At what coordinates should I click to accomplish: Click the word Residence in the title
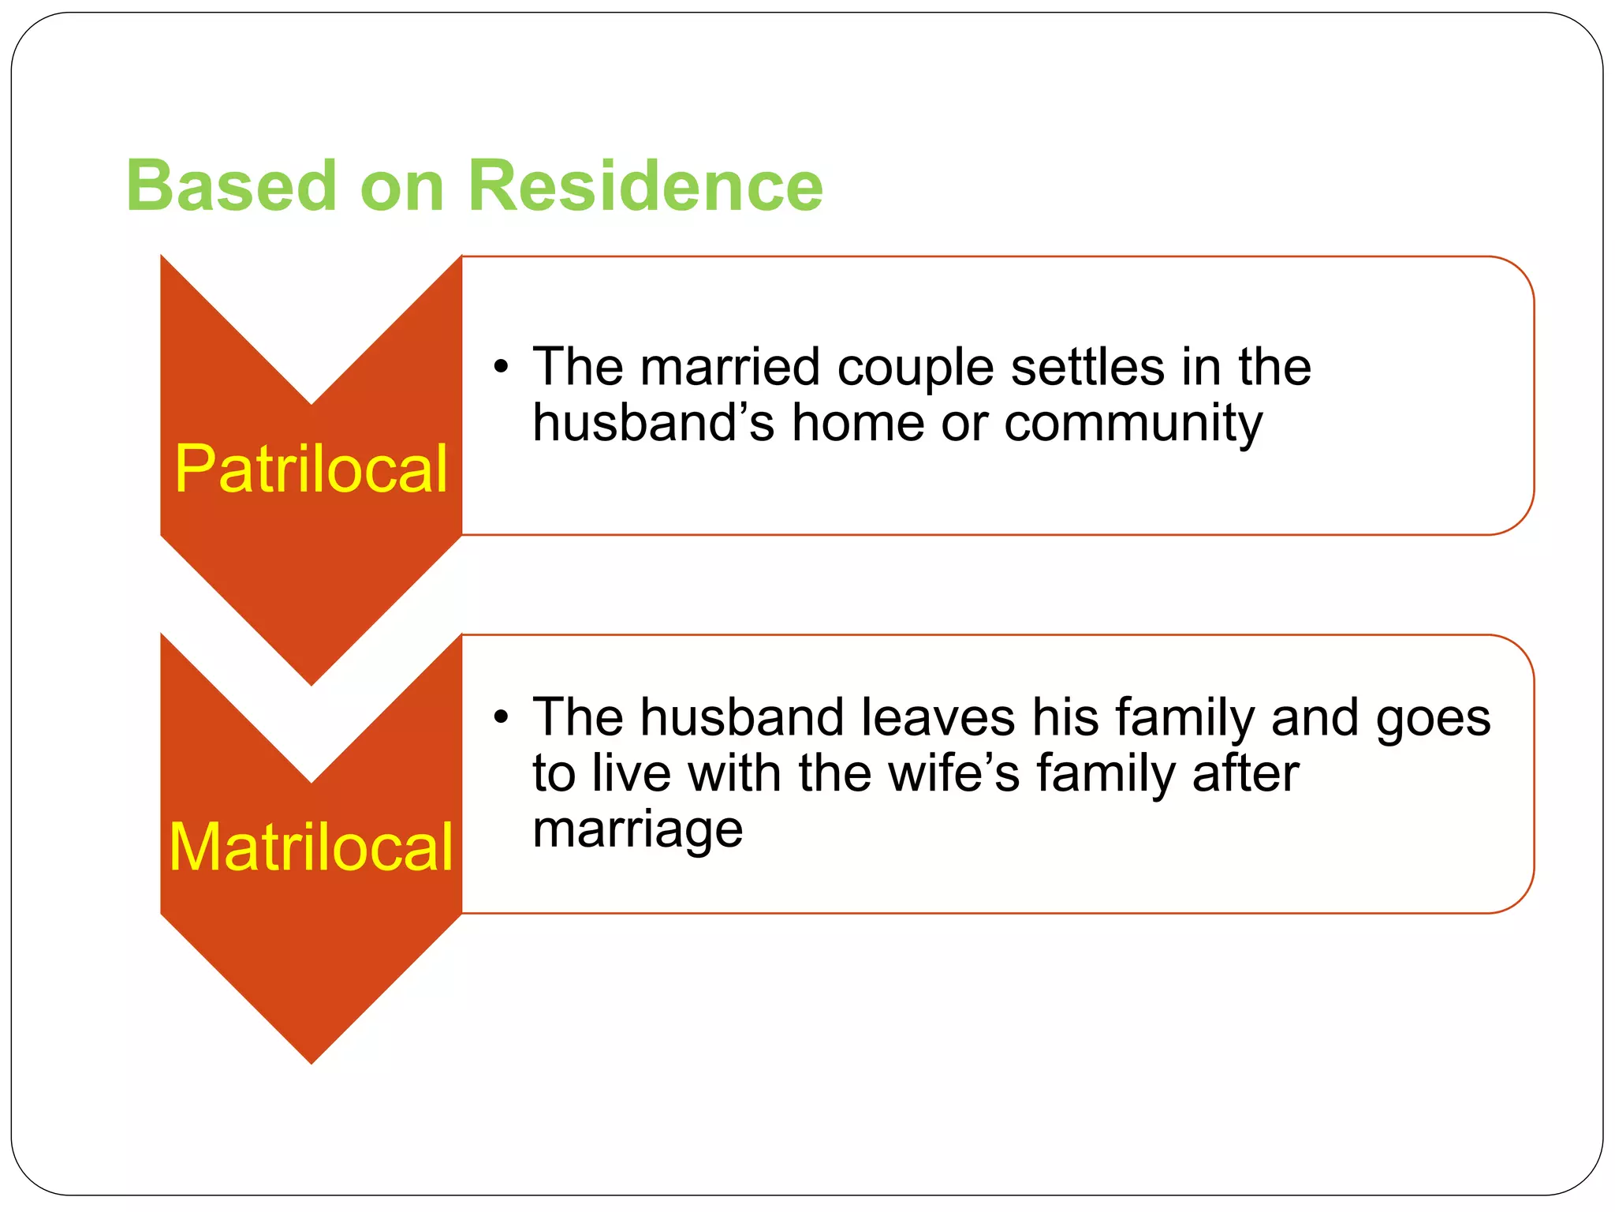pos(645,186)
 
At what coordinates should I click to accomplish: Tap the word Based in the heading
pos(231,186)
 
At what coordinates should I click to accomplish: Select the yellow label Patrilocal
pos(311,469)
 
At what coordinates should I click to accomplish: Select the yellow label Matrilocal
pos(311,847)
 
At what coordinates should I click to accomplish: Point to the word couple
pos(915,369)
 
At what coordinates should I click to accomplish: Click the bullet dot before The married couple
pos(501,368)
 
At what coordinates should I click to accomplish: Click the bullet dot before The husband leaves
pos(501,718)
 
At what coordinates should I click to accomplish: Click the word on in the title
pos(401,188)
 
